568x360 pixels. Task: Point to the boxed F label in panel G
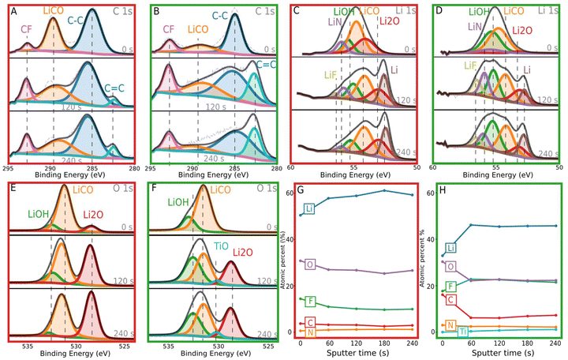point(309,301)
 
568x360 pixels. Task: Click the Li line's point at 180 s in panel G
point(383,190)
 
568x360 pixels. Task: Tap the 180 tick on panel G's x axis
point(383,345)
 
